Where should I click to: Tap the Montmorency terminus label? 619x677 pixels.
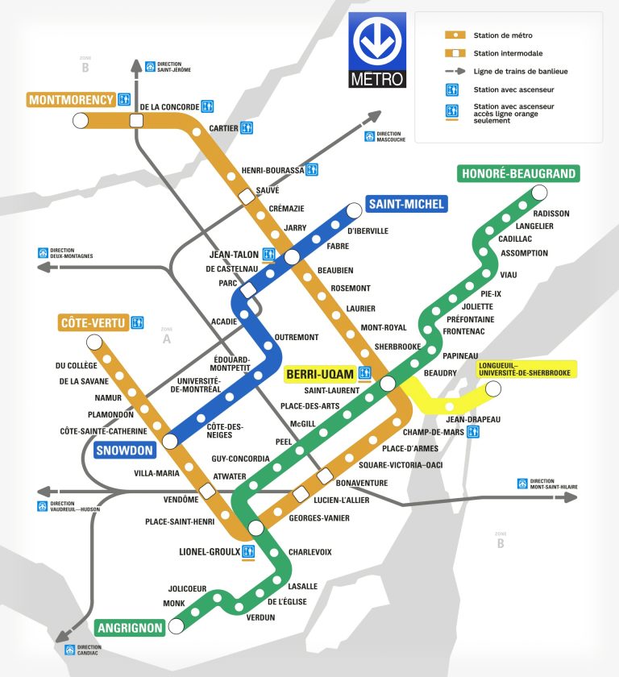point(71,100)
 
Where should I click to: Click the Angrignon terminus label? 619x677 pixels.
point(130,627)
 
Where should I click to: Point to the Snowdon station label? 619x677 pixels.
point(123,451)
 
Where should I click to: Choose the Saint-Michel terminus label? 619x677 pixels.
point(407,204)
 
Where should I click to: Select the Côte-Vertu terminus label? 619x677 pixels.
point(93,323)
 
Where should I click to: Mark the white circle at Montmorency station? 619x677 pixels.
point(80,121)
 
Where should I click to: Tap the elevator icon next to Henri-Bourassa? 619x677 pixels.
point(313,170)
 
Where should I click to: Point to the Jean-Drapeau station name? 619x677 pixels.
point(473,419)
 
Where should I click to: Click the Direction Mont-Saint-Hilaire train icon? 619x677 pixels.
point(523,484)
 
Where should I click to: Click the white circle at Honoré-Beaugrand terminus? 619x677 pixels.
point(539,193)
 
